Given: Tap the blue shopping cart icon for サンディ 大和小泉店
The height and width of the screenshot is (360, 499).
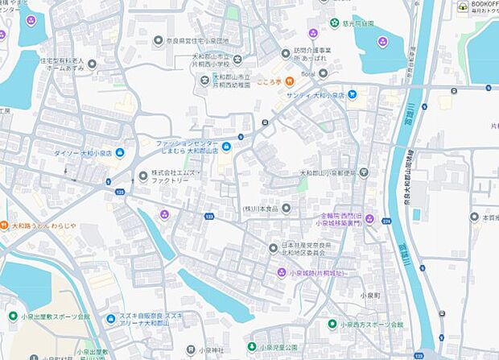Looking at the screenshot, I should (352, 94).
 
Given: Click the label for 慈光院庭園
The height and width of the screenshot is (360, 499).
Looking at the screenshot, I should (358, 23).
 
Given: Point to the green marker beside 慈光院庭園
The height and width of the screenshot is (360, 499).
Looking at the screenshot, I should (333, 23).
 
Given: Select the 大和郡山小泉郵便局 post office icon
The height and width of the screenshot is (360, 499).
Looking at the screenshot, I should (364, 172).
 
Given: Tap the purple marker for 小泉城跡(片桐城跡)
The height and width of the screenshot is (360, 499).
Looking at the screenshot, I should (281, 273).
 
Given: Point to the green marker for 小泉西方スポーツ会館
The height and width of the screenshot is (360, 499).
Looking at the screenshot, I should (332, 324).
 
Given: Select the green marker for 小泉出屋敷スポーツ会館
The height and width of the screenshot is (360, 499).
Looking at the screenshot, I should (11, 317).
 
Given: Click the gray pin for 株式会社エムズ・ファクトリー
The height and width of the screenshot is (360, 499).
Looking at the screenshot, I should (144, 175).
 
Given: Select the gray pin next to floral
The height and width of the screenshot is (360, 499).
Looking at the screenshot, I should (323, 74).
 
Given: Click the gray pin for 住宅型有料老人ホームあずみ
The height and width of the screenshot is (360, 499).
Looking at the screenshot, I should (92, 64).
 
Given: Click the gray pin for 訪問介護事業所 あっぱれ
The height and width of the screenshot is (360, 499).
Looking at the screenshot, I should (285, 53).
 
